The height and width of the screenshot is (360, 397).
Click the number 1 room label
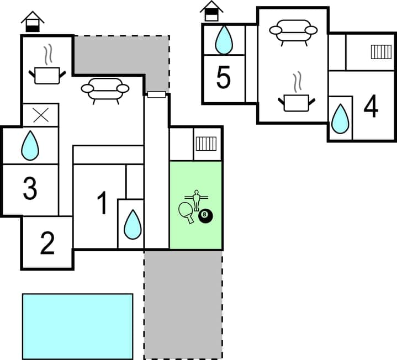(x=102, y=204)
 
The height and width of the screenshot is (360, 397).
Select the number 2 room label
(x=47, y=243)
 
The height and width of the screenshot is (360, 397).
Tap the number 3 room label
(x=30, y=189)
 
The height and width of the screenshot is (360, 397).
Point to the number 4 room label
(x=370, y=108)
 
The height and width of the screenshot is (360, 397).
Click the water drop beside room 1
(x=132, y=225)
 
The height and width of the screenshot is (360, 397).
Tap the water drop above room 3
(x=30, y=146)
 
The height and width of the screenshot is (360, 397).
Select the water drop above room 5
(x=224, y=40)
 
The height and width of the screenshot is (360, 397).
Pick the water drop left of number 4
(x=340, y=119)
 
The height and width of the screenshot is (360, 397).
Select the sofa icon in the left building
(x=105, y=89)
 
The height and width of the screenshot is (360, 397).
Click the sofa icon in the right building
(x=293, y=31)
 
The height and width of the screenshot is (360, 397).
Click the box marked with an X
(x=40, y=115)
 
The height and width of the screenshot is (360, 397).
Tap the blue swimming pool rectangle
(x=77, y=326)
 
